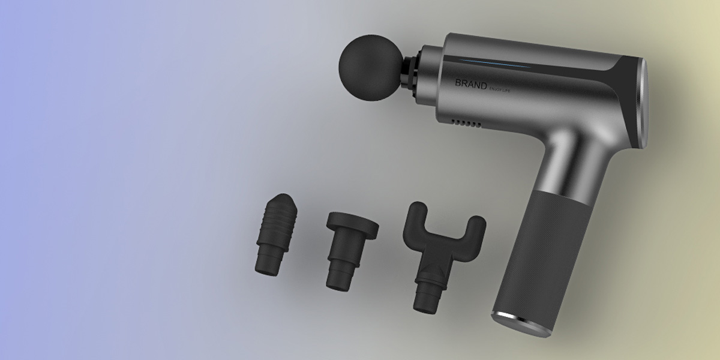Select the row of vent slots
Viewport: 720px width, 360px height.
coord(468,123)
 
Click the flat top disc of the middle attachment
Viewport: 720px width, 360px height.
coord(353,224)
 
